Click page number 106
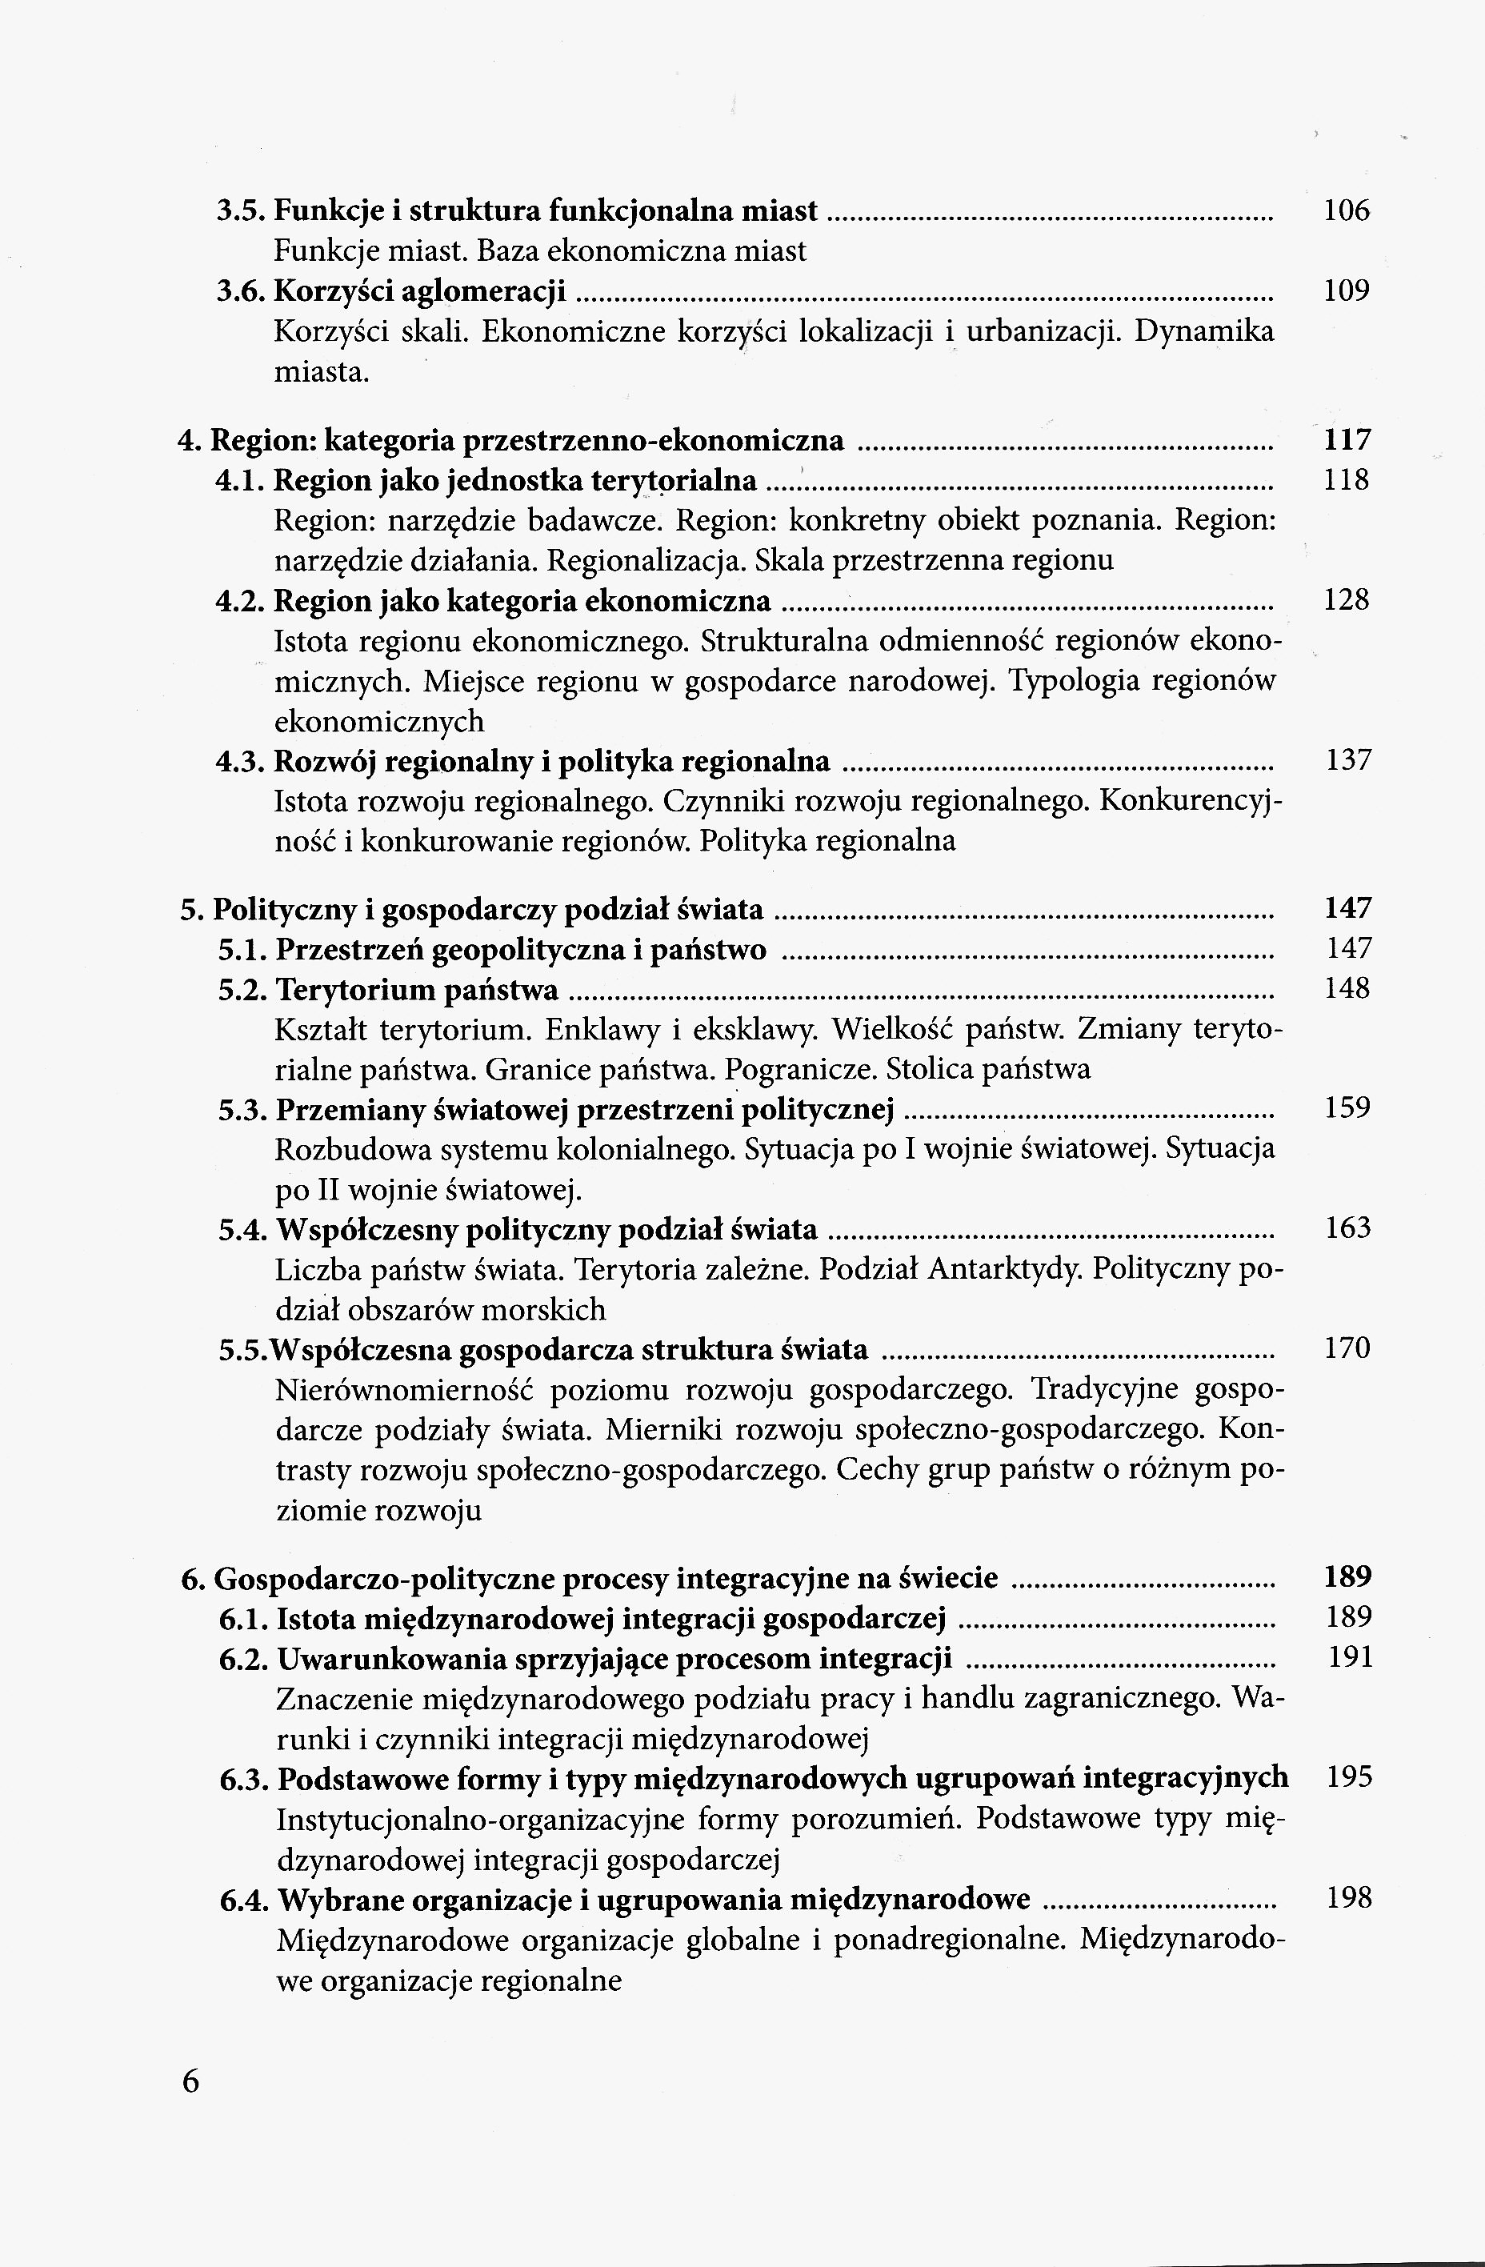pyautogui.click(x=1346, y=210)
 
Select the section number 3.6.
pyautogui.click(x=241, y=290)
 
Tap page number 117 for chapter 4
pyautogui.click(x=1346, y=440)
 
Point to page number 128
pyautogui.click(x=1346, y=600)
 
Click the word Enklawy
pyautogui.click(x=574, y=1031)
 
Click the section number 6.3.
pyautogui.click(x=245, y=1778)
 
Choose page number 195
pyautogui.click(x=1349, y=1776)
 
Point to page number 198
pyautogui.click(x=1349, y=1898)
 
